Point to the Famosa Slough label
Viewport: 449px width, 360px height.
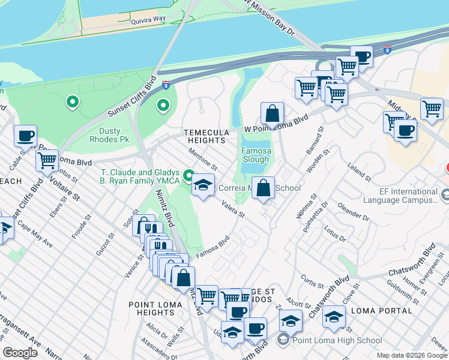(x=255, y=155)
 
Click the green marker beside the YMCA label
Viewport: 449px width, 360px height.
(x=188, y=176)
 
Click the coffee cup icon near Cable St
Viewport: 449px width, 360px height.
(x=25, y=136)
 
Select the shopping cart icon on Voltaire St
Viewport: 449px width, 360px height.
(x=47, y=160)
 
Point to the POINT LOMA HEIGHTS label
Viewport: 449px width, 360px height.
(x=152, y=308)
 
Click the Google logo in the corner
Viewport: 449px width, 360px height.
(x=20, y=352)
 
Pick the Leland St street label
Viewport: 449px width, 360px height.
(x=360, y=172)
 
